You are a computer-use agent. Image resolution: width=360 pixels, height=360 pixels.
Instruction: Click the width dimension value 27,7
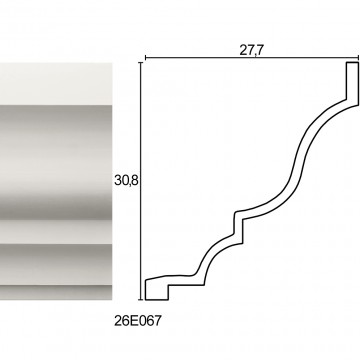[x=251, y=50]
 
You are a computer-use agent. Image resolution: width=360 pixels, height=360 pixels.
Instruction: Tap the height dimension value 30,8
[x=126, y=180]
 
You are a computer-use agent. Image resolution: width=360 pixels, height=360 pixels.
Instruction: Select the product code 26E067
[x=138, y=321]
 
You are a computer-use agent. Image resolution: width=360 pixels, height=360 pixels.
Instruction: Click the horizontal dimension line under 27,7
[x=252, y=58]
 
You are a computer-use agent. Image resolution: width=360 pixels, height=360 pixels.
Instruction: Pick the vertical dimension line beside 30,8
[x=141, y=181]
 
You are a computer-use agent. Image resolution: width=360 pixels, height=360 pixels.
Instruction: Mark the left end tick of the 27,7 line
[x=146, y=58]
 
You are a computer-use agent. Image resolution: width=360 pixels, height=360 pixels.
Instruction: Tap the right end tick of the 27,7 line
[x=358, y=58]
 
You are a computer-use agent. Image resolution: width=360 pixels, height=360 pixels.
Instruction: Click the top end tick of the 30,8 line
[x=141, y=62]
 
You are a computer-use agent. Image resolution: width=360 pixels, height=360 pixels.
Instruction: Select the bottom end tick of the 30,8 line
[x=141, y=300]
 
